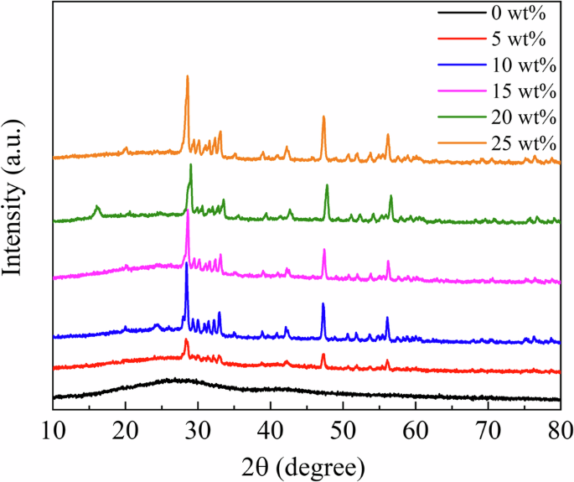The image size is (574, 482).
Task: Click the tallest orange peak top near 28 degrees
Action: [188, 76]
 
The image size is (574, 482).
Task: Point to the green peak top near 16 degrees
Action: [97, 206]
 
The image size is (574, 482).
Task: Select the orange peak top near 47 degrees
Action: [323, 117]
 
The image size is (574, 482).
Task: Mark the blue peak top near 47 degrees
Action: [323, 304]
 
